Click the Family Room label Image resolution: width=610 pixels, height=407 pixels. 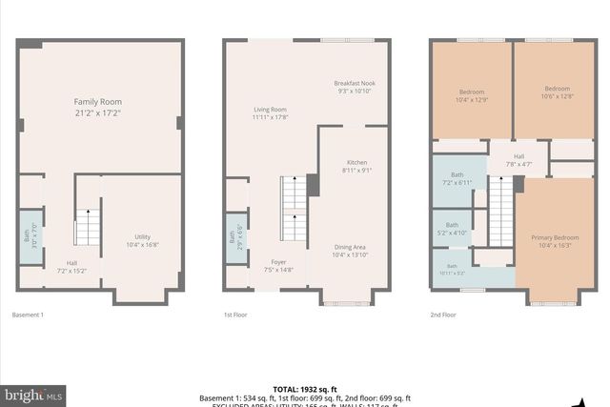pos(98,107)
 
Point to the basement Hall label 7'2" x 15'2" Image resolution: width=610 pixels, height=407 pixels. pos(71,267)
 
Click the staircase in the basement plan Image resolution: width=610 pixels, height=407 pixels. pos(87,228)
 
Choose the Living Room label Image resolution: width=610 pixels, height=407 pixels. pos(270,113)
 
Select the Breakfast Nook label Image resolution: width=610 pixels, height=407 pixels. pos(354,87)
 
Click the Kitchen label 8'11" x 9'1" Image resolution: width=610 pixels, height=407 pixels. pos(356,166)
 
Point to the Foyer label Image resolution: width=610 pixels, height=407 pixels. pos(278,266)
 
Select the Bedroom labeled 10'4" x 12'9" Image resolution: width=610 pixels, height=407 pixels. pos(472,95)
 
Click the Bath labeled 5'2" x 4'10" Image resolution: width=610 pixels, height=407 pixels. pos(453,229)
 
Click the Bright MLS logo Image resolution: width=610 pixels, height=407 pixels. pos(33,393)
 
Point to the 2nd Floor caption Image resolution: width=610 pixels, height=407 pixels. pos(442,315)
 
